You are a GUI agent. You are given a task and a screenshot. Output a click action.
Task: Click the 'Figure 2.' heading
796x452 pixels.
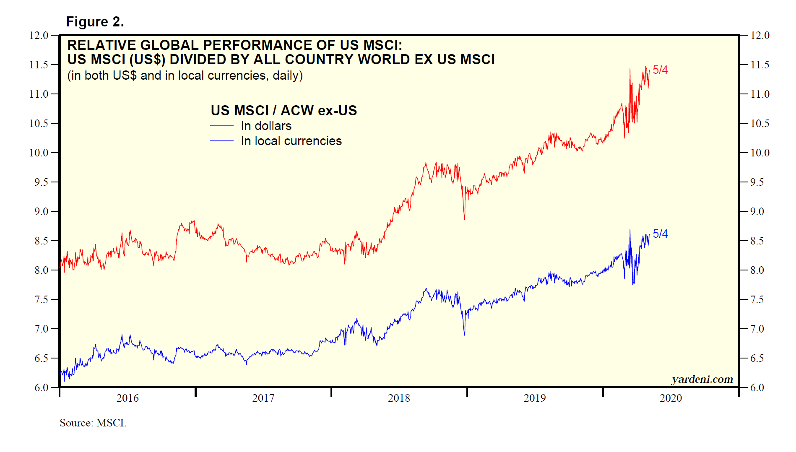[95, 22]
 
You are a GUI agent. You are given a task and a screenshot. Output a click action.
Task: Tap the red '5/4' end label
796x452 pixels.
[660, 70]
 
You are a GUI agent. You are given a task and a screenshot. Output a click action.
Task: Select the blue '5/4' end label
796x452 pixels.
[660, 234]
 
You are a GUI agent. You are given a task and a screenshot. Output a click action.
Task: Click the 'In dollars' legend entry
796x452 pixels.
[266, 126]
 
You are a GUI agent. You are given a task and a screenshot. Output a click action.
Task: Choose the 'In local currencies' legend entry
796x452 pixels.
[291, 141]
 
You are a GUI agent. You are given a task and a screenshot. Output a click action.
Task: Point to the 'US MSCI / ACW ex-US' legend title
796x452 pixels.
[284, 111]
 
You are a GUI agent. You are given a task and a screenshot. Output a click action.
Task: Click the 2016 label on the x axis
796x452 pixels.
[127, 398]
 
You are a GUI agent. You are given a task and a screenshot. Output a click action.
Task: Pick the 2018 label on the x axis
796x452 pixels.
[399, 398]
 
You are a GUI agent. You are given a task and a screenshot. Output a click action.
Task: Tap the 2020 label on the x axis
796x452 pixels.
[671, 398]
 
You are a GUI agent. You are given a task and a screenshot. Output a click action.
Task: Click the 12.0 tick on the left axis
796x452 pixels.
[39, 36]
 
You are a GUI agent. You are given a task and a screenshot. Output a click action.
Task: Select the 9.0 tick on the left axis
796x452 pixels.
[41, 212]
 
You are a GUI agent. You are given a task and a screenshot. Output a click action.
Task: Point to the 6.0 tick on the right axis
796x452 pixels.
[757, 388]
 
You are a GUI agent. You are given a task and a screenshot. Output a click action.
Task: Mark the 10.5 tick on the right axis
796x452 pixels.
[760, 124]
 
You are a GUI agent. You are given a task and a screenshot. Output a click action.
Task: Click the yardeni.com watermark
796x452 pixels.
[702, 379]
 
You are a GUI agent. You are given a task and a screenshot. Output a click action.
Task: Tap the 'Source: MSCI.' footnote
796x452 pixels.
[93, 423]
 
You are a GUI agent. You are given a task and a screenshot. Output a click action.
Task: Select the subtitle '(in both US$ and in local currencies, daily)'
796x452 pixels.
[185, 75]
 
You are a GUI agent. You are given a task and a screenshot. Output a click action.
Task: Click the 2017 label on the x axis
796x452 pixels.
[263, 398]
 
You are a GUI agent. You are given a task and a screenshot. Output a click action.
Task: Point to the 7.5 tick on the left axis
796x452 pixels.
[41, 300]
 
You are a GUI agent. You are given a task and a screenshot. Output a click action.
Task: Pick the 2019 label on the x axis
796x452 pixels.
[535, 398]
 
